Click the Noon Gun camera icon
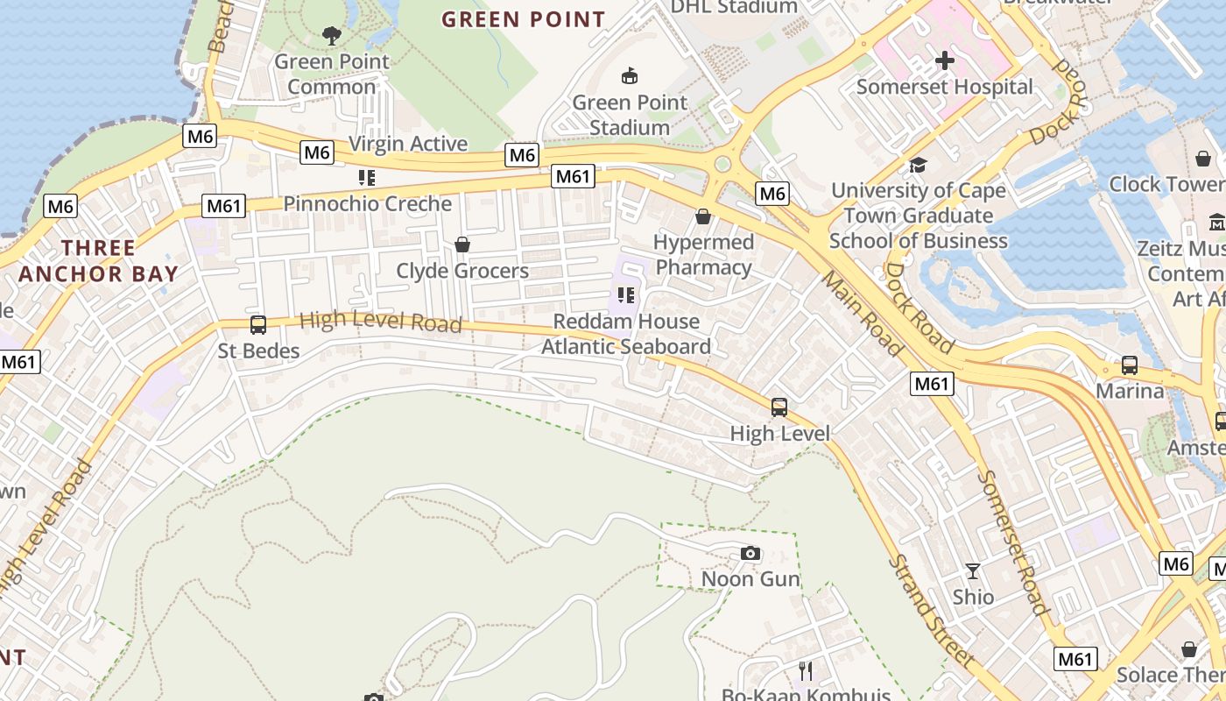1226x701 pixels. tap(750, 554)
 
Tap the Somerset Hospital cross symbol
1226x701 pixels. tap(945, 60)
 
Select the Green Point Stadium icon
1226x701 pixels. tap(629, 77)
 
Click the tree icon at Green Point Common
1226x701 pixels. tap(332, 36)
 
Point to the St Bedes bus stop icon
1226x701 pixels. tap(258, 325)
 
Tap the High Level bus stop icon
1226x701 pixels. tap(779, 407)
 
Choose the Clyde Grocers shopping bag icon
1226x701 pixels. tap(462, 244)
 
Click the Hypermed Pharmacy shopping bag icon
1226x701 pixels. tap(703, 216)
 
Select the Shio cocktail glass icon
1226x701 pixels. tap(973, 571)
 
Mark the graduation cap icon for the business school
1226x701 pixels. tap(918, 165)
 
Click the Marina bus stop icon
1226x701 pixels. tap(1130, 365)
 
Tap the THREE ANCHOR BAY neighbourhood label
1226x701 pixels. tap(98, 261)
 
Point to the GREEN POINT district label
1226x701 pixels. tap(523, 19)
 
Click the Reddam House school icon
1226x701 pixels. tap(625, 295)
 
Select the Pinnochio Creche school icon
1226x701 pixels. tap(367, 178)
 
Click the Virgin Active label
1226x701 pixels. tap(408, 144)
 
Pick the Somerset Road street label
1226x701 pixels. tap(1013, 542)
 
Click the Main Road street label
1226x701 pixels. tap(863, 313)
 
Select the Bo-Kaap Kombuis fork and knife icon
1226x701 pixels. tap(806, 671)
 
